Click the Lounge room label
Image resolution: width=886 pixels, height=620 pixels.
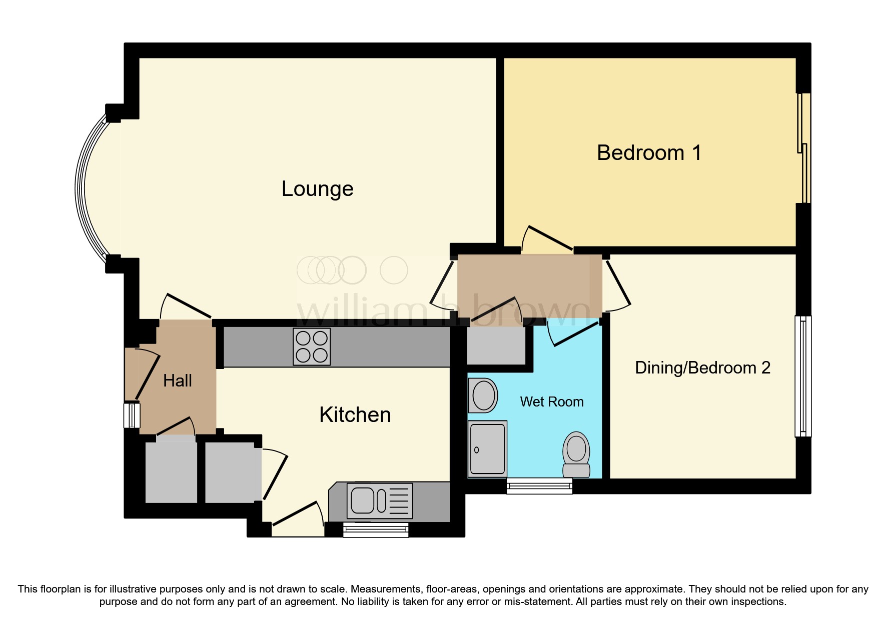click(x=317, y=189)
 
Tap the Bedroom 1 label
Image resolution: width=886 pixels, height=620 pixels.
click(x=649, y=153)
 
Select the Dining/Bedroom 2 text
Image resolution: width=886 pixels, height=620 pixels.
click(x=702, y=368)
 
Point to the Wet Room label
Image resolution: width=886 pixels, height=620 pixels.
click(x=551, y=402)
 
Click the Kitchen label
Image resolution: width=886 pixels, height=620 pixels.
click(x=355, y=415)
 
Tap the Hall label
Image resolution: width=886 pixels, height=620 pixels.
click(x=177, y=381)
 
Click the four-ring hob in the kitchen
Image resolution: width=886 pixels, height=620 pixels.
click(x=311, y=347)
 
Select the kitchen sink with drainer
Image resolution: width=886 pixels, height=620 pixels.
click(x=380, y=500)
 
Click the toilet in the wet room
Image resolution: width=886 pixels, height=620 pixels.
click(x=576, y=454)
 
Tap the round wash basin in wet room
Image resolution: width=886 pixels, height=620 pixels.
click(x=483, y=395)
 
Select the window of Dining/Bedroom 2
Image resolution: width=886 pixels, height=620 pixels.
click(x=803, y=376)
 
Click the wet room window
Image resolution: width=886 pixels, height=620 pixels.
click(x=539, y=486)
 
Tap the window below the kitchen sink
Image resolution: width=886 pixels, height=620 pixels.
click(x=375, y=530)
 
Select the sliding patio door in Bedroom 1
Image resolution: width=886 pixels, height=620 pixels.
click(x=803, y=148)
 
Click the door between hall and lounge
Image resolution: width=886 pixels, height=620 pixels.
click(x=186, y=306)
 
